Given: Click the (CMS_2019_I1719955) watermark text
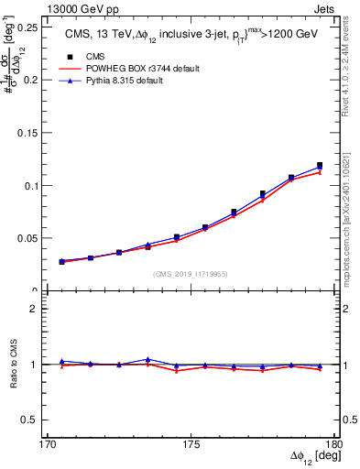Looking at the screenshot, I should click(x=191, y=273).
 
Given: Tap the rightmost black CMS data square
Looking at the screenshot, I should click(x=320, y=166).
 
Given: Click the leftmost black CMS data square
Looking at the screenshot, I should click(x=62, y=262).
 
